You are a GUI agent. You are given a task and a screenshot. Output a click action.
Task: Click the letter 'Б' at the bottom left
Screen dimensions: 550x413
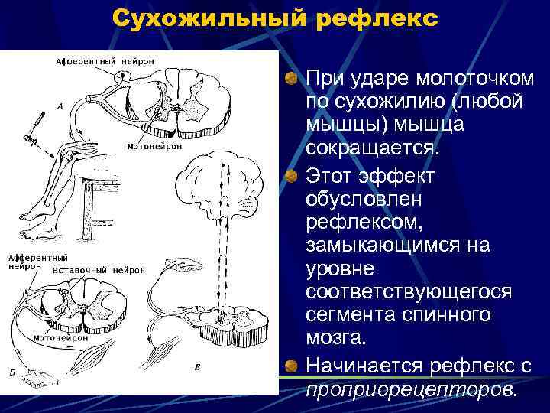pos(13,370)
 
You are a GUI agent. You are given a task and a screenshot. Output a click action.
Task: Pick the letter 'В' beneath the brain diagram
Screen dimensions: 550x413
pos(198,368)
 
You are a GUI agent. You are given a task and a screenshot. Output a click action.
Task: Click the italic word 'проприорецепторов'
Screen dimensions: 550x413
pos(411,389)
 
